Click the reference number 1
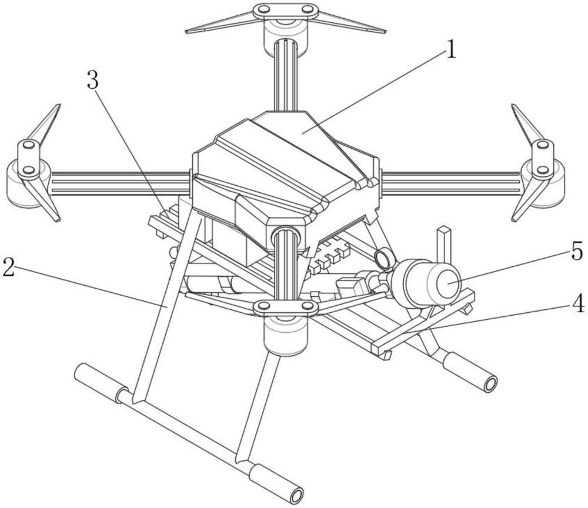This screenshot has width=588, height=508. [451, 49]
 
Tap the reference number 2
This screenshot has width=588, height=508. [9, 266]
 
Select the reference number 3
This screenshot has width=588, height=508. [93, 80]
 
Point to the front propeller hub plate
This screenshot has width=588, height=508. [286, 307]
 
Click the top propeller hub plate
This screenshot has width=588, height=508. [286, 10]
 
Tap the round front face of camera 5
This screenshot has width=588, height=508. [449, 282]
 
